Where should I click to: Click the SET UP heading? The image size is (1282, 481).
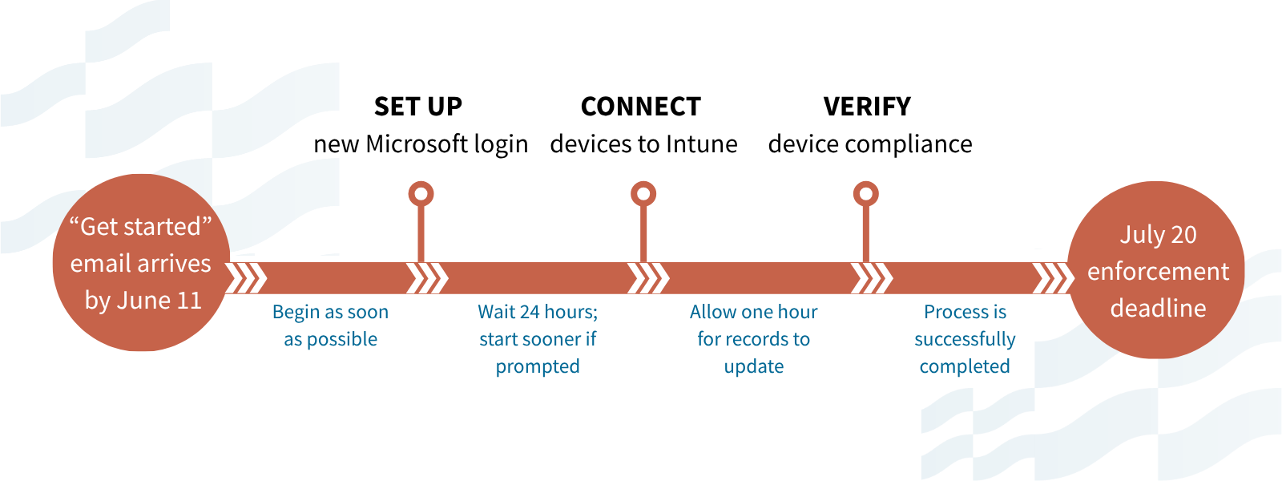pos(417,107)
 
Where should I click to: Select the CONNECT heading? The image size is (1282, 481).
pos(641,107)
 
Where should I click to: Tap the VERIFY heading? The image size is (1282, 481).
pos(867,107)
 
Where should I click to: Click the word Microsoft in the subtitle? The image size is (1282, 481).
pos(417,143)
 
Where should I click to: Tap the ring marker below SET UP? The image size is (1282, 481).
pos(421,194)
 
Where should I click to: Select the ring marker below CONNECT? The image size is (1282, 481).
pos(643,194)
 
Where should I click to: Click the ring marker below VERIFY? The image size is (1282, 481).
pos(866,194)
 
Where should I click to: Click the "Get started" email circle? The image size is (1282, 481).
pos(141,263)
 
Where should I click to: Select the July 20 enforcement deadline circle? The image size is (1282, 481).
pos(1156,270)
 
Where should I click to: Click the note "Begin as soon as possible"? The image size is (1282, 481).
pos(331,325)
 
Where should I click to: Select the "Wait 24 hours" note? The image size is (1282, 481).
pos(538,338)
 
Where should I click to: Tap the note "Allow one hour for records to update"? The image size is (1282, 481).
pos(754,338)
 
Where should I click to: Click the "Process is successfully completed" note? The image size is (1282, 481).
pos(965,338)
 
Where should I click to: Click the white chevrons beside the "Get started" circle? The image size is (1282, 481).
pos(247,277)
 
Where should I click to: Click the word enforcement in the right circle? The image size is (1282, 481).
pos(1158,272)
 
